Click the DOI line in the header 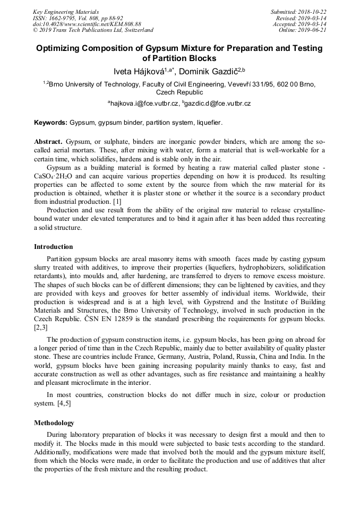[x=87, y=24]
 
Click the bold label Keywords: [x=50, y=123]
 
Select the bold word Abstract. [x=48, y=142]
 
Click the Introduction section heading [x=54, y=247]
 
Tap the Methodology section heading [x=54, y=423]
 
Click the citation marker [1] [x=116, y=201]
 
